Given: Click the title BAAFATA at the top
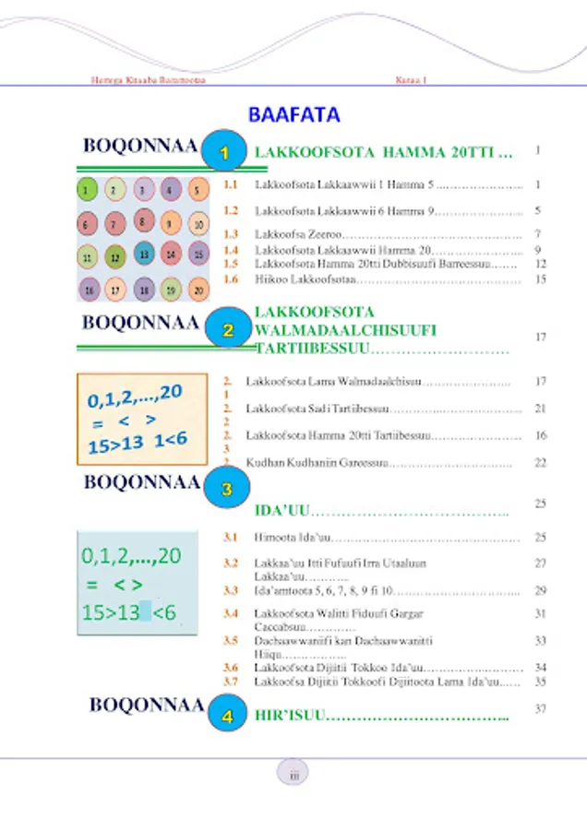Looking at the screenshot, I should pyautogui.click(x=293, y=115).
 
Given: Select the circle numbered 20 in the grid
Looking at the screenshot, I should pyautogui.click(x=199, y=290).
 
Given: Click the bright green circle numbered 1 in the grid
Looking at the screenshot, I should pyautogui.click(x=85, y=190).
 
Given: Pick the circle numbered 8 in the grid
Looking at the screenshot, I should pyautogui.click(x=142, y=221).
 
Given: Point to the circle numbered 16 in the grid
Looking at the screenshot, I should pyautogui.click(x=88, y=290).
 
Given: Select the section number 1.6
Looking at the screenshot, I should pyautogui.click(x=233, y=279).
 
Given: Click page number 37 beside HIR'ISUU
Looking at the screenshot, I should pyautogui.click(x=541, y=708).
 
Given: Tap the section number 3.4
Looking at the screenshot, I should pyautogui.click(x=233, y=613).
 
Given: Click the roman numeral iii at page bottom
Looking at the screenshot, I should pyautogui.click(x=293, y=776).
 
